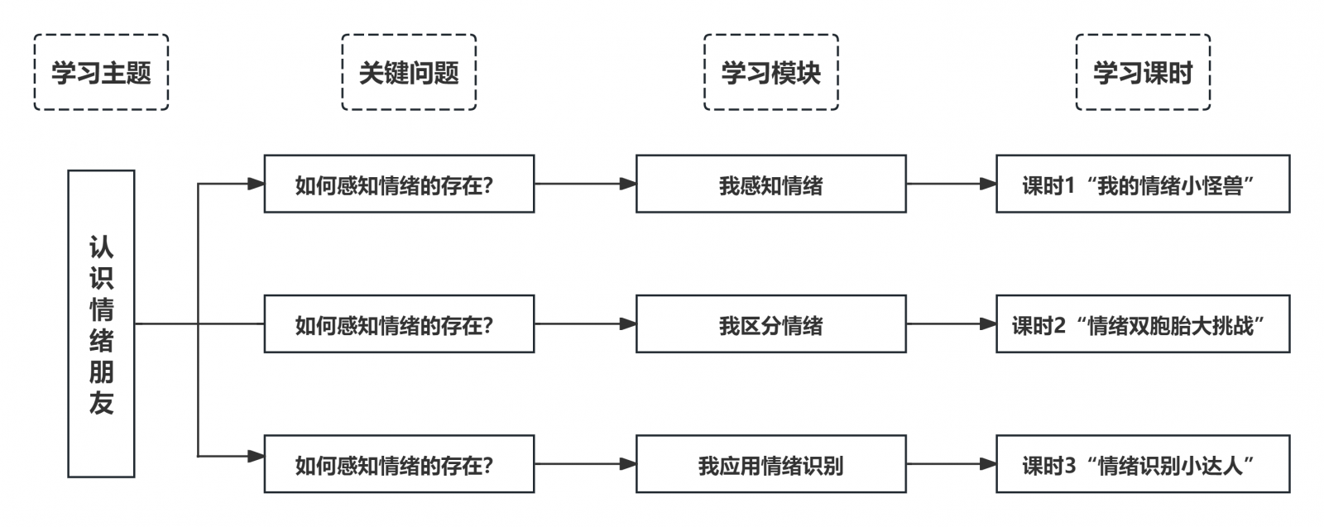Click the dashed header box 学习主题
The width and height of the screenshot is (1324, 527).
tap(101, 72)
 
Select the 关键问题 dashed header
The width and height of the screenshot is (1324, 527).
tap(409, 72)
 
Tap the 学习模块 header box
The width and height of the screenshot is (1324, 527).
tap(770, 72)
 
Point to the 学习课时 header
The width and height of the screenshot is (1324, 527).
tap(1143, 72)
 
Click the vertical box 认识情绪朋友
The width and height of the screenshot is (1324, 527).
tap(101, 323)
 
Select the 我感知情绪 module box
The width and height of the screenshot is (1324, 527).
tap(770, 184)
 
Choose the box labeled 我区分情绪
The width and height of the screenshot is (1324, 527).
tap(770, 323)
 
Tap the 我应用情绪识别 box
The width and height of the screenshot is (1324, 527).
tap(770, 464)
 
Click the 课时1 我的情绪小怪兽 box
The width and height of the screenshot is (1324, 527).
tap(1143, 184)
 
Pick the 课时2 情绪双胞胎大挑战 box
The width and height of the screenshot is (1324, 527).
tap(1143, 323)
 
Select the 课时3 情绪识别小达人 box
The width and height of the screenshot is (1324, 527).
tap(1143, 464)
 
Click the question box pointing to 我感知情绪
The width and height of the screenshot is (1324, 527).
tap(399, 184)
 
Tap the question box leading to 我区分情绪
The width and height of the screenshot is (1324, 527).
tap(399, 323)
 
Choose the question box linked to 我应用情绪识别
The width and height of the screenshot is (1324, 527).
tap(399, 464)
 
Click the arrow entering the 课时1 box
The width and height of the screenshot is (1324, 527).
tap(952, 184)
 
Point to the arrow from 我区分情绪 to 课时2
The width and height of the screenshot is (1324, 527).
tap(952, 323)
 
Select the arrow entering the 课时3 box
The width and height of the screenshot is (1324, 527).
tap(952, 464)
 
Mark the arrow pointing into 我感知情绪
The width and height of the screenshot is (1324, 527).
tap(585, 184)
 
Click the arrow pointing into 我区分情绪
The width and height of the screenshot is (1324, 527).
tap(585, 323)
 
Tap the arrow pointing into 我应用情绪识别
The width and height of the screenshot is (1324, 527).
tap(585, 464)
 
